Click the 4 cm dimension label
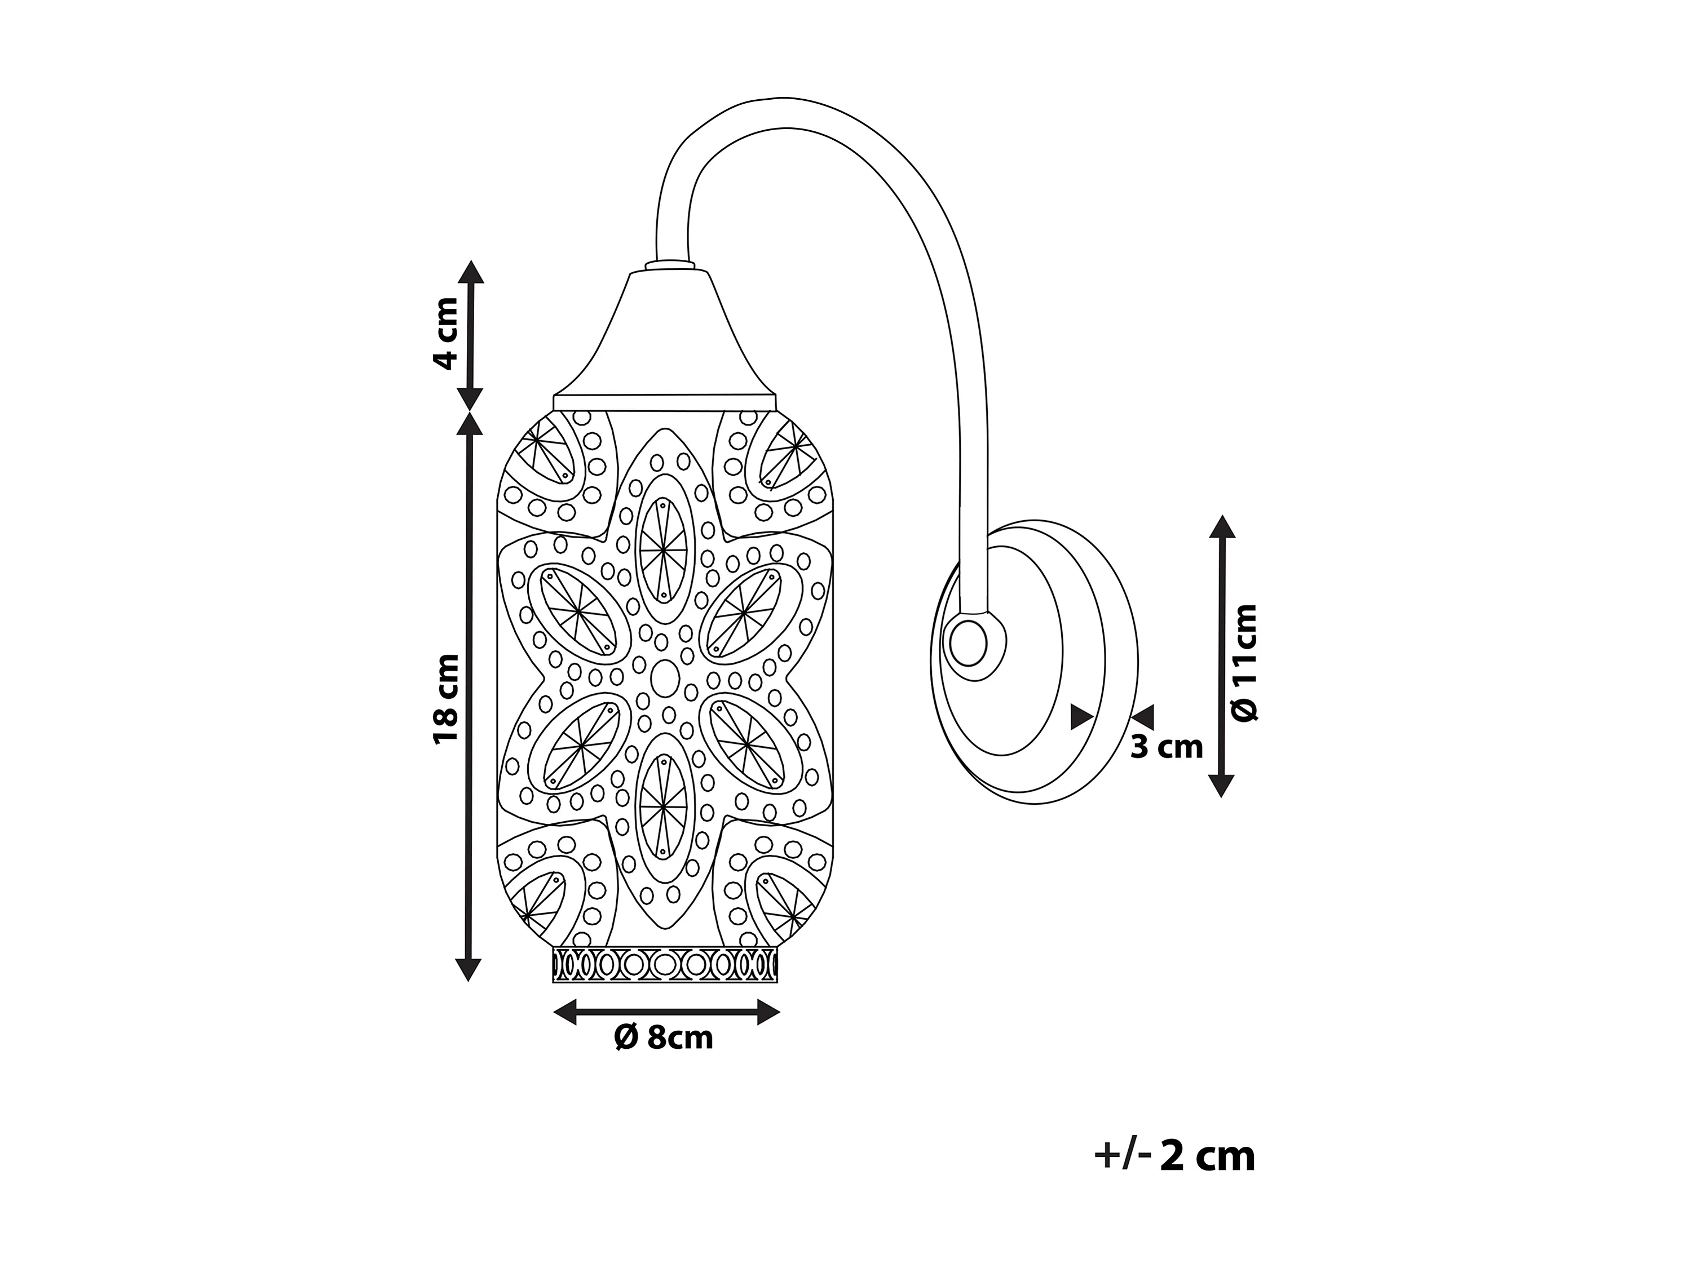(445, 334)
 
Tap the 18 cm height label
(445, 698)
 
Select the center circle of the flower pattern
(665, 677)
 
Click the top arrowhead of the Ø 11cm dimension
(1222, 527)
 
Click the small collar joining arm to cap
(671, 265)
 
